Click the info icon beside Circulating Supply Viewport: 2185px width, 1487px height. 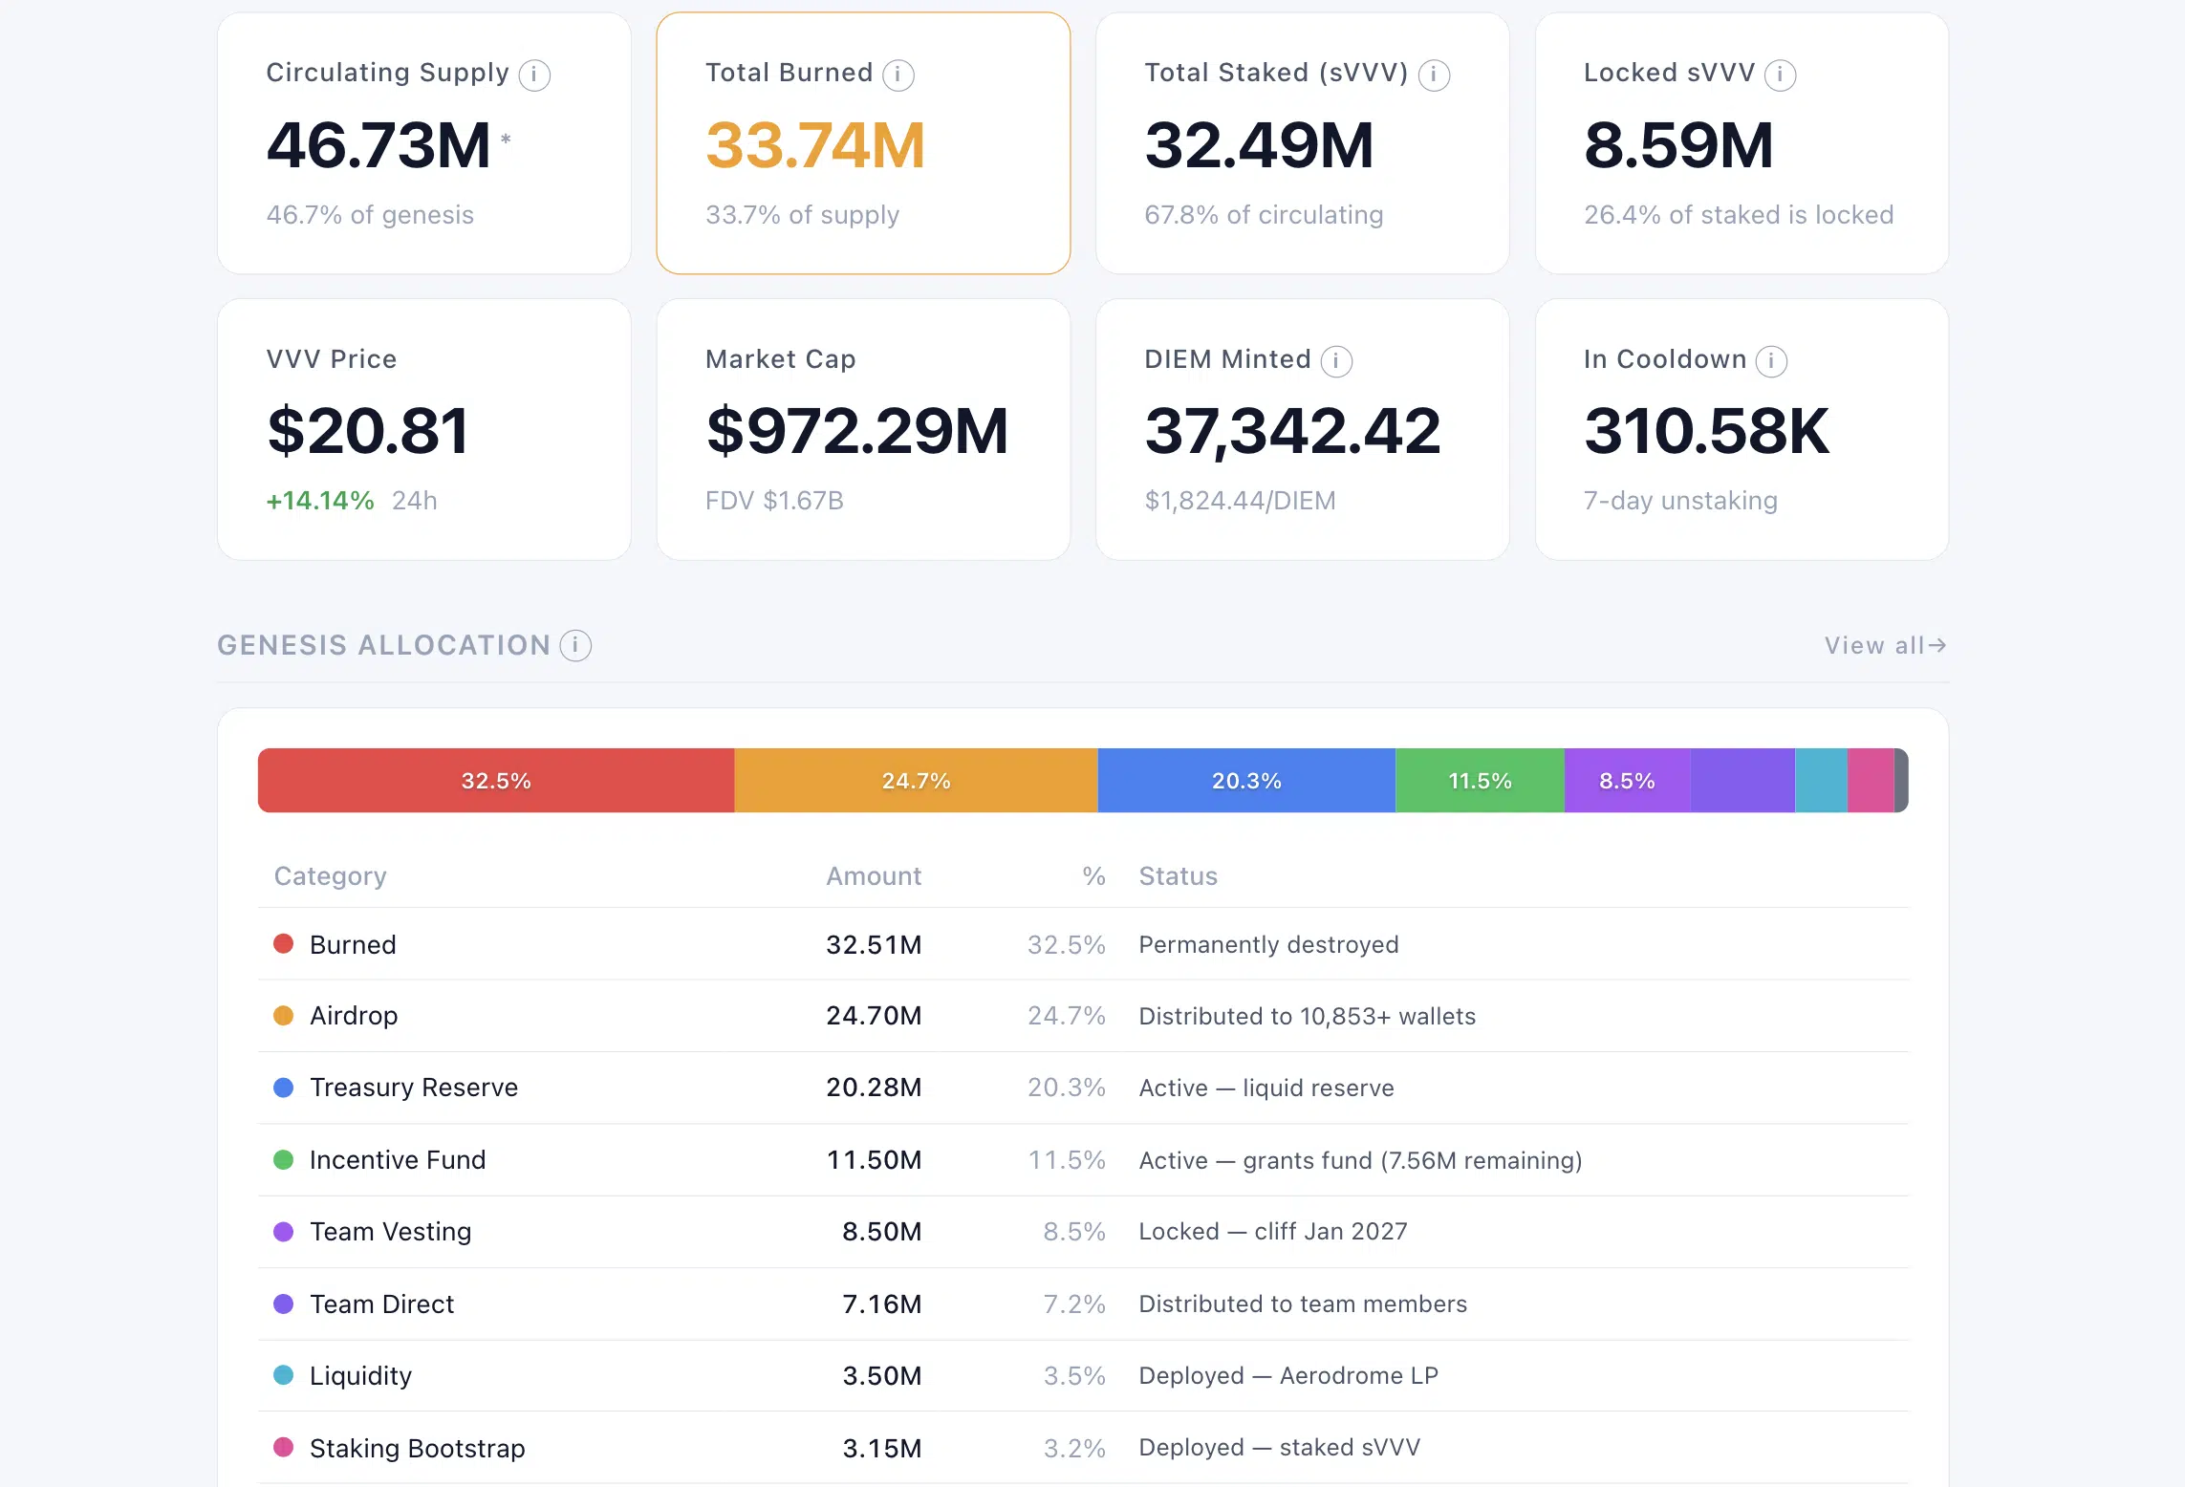click(534, 75)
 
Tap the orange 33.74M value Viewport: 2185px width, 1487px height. click(815, 145)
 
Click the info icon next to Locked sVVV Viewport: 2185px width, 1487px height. click(1780, 75)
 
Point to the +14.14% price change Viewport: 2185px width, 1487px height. click(320, 501)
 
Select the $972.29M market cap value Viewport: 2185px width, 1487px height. click(857, 431)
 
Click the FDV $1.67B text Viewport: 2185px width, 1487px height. click(774, 501)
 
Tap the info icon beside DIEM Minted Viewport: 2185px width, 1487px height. click(1336, 361)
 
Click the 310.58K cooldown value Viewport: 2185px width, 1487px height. click(1706, 431)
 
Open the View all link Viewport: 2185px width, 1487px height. click(1885, 646)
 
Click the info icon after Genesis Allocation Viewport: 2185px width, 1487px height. click(575, 646)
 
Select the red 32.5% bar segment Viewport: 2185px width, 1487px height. click(496, 781)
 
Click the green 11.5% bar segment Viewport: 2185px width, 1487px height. click(1480, 781)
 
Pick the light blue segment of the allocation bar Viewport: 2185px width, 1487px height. click(1822, 781)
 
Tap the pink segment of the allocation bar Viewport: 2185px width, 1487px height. click(1871, 781)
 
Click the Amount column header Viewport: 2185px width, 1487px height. click(874, 876)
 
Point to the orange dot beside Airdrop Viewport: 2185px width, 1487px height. click(284, 1016)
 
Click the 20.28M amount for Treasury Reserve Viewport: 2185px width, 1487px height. click(874, 1088)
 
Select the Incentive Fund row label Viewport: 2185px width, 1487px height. click(398, 1160)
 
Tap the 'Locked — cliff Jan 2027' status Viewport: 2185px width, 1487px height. click(1273, 1232)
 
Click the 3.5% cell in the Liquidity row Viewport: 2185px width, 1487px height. click(1074, 1376)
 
